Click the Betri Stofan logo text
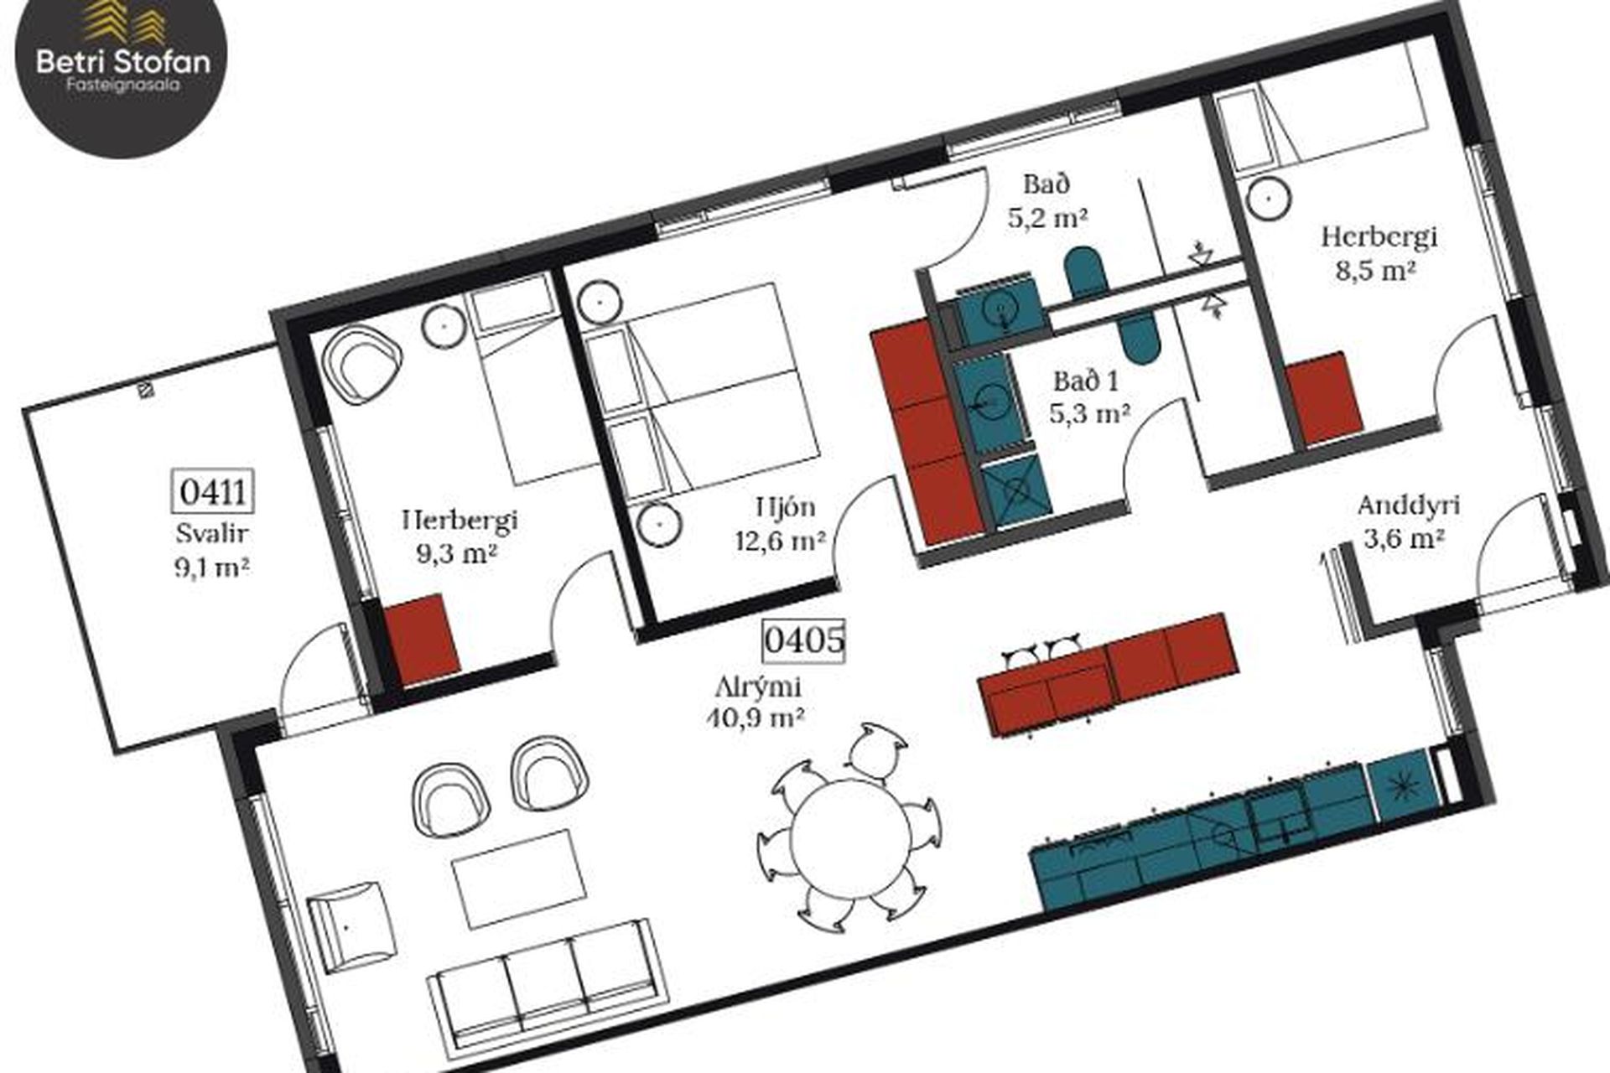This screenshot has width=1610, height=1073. coord(123,62)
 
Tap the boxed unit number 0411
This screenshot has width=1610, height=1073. coord(212,491)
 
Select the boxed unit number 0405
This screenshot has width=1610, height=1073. coord(803,640)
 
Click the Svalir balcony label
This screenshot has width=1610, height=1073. coord(213,533)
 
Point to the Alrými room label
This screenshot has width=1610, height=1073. coord(758,687)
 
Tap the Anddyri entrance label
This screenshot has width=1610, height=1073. coord(1408,505)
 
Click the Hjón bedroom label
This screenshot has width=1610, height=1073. coord(785,506)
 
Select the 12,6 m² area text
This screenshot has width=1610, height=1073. coord(780,541)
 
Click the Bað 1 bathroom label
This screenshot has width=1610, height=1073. coord(1085,381)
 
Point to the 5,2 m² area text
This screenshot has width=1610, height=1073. coord(1046,218)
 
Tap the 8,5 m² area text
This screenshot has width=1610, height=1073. coord(1375,271)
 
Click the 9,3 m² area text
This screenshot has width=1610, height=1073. coord(457,553)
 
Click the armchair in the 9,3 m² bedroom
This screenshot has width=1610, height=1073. coord(361,362)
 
